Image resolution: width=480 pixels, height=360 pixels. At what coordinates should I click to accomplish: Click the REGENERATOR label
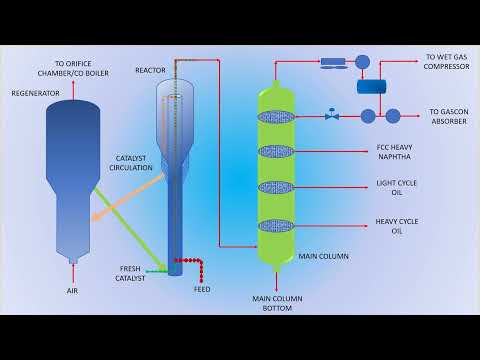click(35, 93)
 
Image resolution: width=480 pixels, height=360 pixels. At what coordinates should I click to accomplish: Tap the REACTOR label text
click(150, 70)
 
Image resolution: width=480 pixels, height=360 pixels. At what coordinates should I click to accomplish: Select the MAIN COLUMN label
click(323, 256)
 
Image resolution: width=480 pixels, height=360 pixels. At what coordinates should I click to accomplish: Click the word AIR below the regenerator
click(71, 290)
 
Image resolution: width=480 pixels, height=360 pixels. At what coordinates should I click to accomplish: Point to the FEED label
click(202, 290)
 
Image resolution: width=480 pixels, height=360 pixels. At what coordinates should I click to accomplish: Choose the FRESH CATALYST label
click(132, 274)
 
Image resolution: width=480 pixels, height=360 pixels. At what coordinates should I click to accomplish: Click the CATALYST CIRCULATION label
click(133, 163)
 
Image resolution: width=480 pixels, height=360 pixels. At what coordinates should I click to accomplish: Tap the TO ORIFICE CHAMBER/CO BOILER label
click(84, 67)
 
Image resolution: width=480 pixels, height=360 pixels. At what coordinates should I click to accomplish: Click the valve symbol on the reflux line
click(331, 116)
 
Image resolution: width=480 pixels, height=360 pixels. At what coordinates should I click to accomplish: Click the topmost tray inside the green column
click(277, 117)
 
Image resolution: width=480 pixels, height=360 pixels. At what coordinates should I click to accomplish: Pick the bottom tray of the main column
click(277, 226)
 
